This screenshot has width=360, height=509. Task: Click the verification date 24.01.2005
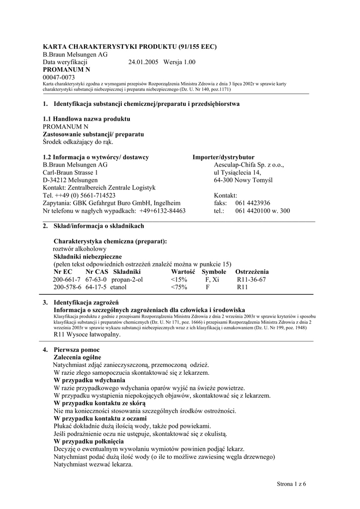[x=143, y=62]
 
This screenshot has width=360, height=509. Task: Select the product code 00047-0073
[x=59, y=78]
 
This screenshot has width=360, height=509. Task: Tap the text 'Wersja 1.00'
[x=180, y=62]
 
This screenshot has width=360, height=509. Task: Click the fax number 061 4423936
[x=253, y=203]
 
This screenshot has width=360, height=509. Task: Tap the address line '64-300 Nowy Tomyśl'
[x=243, y=180]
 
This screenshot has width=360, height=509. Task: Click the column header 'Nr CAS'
[x=96, y=272]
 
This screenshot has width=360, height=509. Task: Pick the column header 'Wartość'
[x=184, y=272]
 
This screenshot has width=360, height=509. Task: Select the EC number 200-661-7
[x=67, y=279]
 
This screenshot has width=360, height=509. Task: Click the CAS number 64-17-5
[x=96, y=287]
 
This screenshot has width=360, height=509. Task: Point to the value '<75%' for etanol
[x=179, y=287]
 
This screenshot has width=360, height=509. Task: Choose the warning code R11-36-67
[x=251, y=279]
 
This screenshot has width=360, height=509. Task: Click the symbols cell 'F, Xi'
[x=212, y=279]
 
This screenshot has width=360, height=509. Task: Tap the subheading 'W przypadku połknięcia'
[x=89, y=441]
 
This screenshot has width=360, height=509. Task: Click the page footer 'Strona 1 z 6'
[x=291, y=484]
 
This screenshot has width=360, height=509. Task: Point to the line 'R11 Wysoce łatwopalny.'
[x=87, y=335]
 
